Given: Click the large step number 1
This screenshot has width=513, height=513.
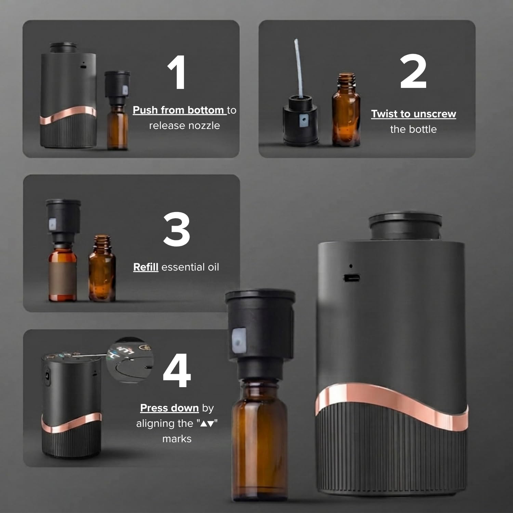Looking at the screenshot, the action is coord(177,73).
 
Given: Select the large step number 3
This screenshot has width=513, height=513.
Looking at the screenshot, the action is coord(176,229).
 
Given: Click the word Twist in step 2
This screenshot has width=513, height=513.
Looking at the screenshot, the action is coord(385,114).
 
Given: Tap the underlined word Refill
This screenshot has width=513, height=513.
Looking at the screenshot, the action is coord(146,267).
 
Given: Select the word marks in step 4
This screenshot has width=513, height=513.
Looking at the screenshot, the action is coord(177,439).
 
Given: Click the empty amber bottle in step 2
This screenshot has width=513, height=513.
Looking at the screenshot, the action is coord(346,109).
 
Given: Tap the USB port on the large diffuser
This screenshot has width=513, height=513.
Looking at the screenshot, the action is coord(352,278).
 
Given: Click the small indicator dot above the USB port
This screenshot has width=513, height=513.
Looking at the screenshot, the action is coord(351,266).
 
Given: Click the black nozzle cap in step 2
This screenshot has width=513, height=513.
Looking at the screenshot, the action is coord(300,120).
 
